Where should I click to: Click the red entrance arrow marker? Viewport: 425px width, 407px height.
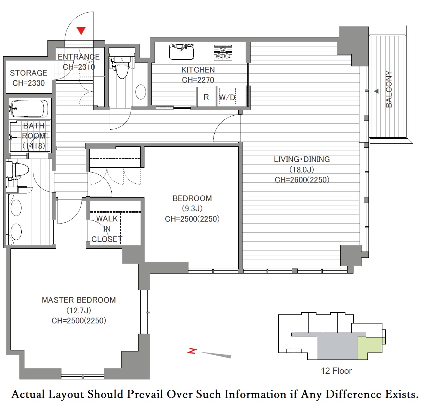point(81,31)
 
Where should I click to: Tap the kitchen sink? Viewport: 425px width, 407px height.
point(181,52)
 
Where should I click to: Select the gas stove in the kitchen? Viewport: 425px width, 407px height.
point(223,52)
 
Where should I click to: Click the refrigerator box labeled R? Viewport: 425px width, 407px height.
point(206,97)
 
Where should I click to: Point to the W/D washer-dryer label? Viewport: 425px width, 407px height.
point(227,97)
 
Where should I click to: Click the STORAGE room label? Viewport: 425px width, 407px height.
point(29,73)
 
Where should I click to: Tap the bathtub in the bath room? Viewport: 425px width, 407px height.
point(28,109)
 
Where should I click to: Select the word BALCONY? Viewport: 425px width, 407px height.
point(389,89)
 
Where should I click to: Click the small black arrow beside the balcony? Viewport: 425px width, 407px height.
point(376,91)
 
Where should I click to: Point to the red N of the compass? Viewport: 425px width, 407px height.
point(192,351)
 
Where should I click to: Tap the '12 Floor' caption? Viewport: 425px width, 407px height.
point(336,371)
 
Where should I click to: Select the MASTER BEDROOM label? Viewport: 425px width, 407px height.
point(79,300)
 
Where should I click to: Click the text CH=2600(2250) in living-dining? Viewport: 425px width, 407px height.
point(302,180)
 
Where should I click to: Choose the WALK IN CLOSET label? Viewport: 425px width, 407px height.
point(107,229)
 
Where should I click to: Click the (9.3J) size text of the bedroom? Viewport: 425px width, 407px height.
point(192,209)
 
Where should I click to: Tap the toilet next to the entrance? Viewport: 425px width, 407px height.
point(120,67)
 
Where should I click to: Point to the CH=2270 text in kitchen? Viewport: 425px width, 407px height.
point(198,80)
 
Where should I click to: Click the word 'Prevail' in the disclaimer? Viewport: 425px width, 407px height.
point(145,394)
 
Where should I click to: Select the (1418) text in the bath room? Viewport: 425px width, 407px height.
point(34,146)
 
